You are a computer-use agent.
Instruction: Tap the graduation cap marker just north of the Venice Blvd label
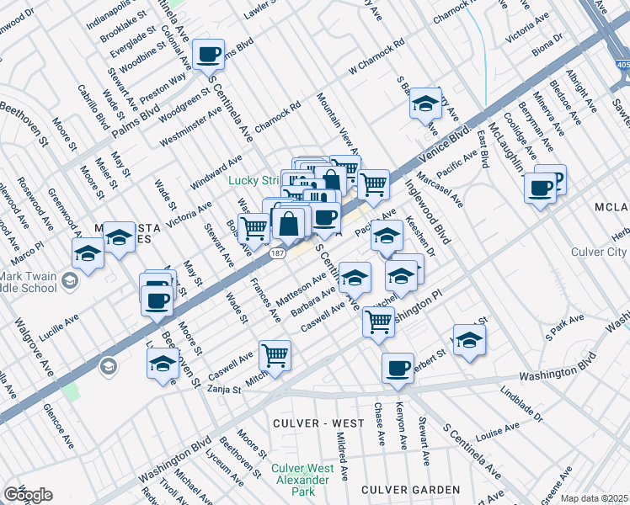click(426, 104)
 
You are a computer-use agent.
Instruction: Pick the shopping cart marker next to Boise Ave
click(254, 227)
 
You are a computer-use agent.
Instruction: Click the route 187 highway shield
click(277, 252)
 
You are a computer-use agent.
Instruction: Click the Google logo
click(28, 495)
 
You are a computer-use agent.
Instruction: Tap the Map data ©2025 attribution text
click(595, 498)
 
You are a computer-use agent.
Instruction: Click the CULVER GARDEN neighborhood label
click(410, 489)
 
